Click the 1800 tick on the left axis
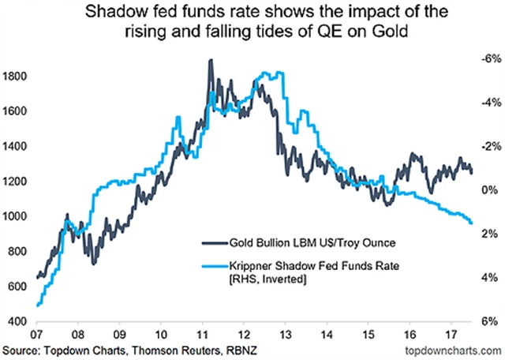16,77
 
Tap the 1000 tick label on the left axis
16,216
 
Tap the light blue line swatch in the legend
209,266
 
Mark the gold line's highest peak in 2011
211,60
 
